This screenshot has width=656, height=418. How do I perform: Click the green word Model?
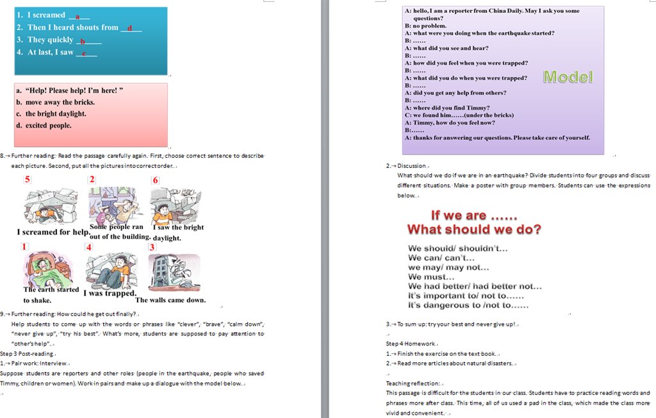pyautogui.click(x=568, y=77)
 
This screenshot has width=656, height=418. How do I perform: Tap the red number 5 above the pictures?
pyautogui.click(x=27, y=180)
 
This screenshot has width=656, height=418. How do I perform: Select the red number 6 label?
pyautogui.click(x=155, y=180)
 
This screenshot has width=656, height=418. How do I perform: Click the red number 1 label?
pyautogui.click(x=24, y=247)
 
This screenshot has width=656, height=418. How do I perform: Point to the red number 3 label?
pyautogui.click(x=152, y=247)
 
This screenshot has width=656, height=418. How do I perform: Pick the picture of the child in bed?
pyautogui.click(x=49, y=269)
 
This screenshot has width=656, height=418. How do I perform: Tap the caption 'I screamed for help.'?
pyautogui.click(x=53, y=232)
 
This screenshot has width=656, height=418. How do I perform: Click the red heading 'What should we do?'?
pyautogui.click(x=474, y=230)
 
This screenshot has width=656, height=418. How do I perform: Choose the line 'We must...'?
pyautogui.click(x=431, y=277)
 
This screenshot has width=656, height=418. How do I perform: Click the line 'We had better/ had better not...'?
pyautogui.click(x=475, y=287)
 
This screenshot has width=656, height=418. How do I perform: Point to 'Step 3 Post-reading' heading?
pyautogui.click(x=28, y=353)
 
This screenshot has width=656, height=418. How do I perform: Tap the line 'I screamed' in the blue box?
pyautogui.click(x=46, y=15)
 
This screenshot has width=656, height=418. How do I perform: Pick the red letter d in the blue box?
pyautogui.click(x=129, y=28)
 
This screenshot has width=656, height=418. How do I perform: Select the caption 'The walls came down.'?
pyautogui.click(x=170, y=299)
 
